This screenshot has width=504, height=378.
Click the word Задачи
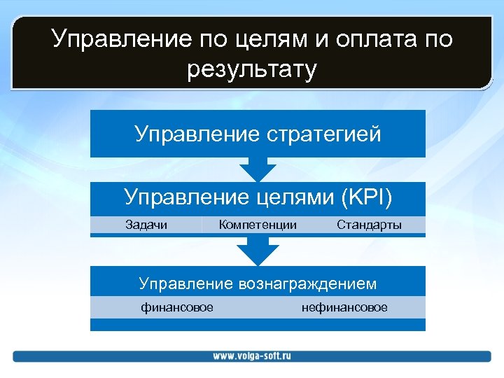146,225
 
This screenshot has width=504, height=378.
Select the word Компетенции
258,225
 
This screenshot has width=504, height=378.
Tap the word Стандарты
369,225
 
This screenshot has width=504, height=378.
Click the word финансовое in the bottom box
177,307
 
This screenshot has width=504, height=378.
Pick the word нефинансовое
344,307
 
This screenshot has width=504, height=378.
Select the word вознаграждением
307,283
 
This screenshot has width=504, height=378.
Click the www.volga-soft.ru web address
252,356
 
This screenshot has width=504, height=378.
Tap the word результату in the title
252,69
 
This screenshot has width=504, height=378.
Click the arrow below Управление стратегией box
258,169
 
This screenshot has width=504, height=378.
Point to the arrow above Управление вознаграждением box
258,251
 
